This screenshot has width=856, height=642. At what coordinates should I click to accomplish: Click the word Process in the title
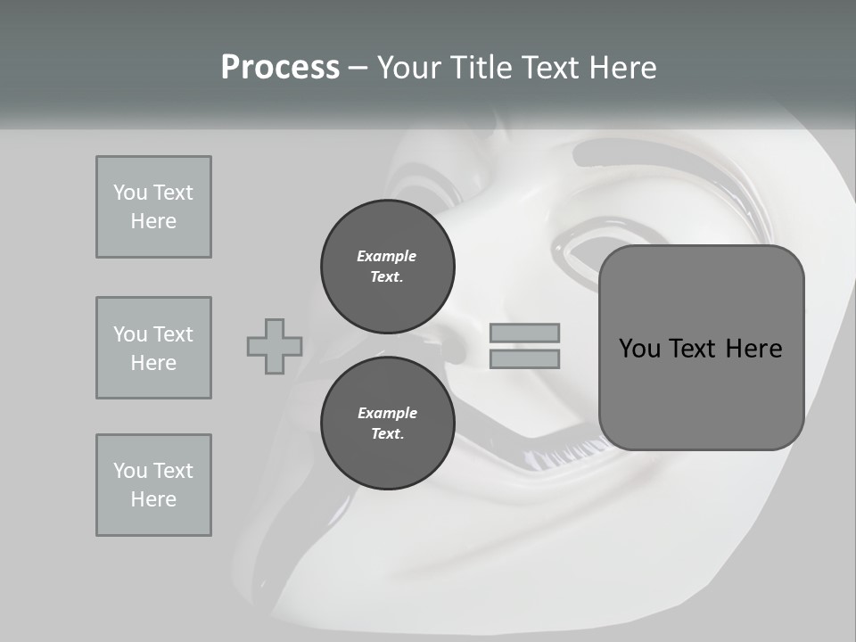[x=280, y=68]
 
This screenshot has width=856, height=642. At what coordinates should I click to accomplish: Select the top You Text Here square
[x=153, y=207]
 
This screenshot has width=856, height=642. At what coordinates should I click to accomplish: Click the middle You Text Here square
[x=153, y=348]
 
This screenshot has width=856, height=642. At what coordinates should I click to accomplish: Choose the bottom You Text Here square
[x=153, y=485]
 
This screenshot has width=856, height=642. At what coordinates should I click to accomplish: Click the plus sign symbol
[x=275, y=346]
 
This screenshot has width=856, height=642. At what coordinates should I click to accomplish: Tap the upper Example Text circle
[x=387, y=267]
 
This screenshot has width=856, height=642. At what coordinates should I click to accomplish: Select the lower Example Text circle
[x=387, y=424]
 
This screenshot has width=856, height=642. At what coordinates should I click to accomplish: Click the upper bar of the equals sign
[x=524, y=333]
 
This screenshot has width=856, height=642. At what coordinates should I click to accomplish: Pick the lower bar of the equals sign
[x=524, y=359]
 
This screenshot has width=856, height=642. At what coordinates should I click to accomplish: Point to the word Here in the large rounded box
[x=753, y=349]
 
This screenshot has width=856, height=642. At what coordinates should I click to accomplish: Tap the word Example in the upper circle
[x=387, y=256]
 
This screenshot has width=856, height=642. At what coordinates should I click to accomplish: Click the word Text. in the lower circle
[x=387, y=434]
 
